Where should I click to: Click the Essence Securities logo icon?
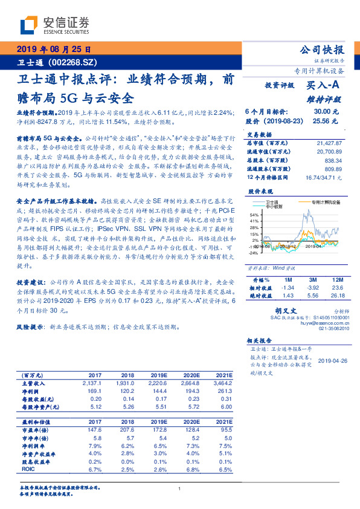[30, 25]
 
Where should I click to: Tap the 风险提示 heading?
[29, 326]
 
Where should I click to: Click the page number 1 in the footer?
[180, 489]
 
